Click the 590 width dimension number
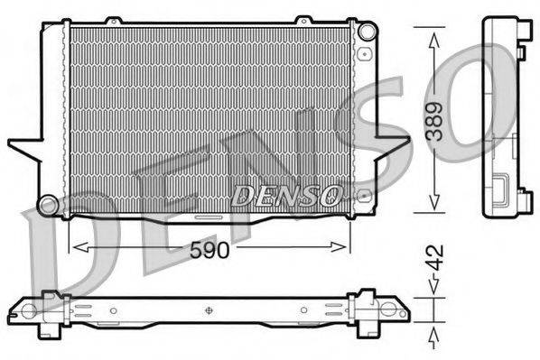tap(209, 252)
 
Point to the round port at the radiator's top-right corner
tap(365, 32)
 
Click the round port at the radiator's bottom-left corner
tap(48, 200)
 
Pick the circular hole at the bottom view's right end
tap(396, 311)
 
